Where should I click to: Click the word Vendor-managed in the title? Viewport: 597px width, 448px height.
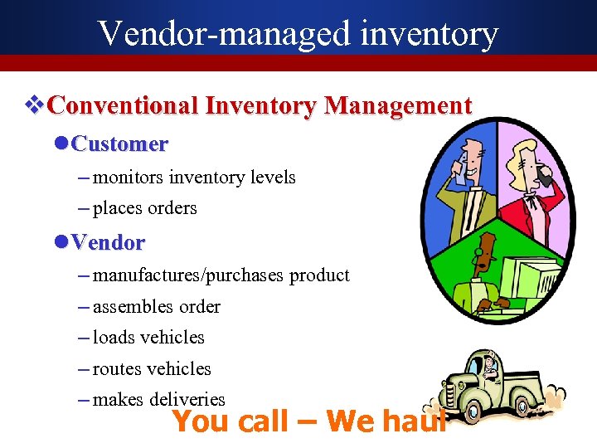[x=223, y=33]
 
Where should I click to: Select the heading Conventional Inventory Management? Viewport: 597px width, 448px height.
[x=260, y=106]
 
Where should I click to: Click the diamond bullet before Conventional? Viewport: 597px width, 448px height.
[x=34, y=106]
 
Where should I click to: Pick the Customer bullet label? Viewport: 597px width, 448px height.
[x=119, y=144]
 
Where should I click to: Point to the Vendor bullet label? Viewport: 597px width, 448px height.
[x=108, y=243]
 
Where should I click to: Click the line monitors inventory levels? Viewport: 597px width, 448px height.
[x=194, y=177]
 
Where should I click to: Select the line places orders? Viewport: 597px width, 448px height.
[x=144, y=208]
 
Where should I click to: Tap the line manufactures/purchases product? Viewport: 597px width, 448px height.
[x=221, y=275]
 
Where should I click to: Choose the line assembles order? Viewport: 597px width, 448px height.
[x=156, y=307]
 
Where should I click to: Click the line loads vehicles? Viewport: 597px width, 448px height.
[x=148, y=338]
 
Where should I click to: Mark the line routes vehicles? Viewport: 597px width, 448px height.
[x=152, y=369]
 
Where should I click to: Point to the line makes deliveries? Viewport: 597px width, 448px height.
[x=158, y=400]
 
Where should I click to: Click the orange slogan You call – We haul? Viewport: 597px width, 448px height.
[x=308, y=421]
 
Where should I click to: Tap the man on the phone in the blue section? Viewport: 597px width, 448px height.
[x=469, y=183]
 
